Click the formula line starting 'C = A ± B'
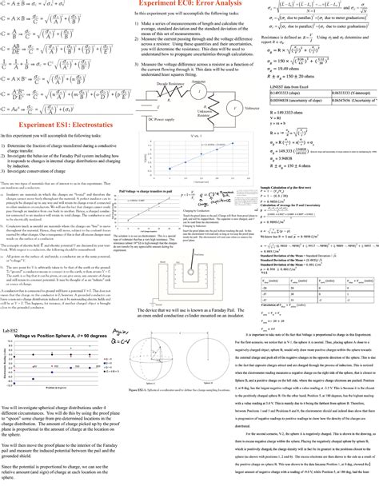[38, 7]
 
